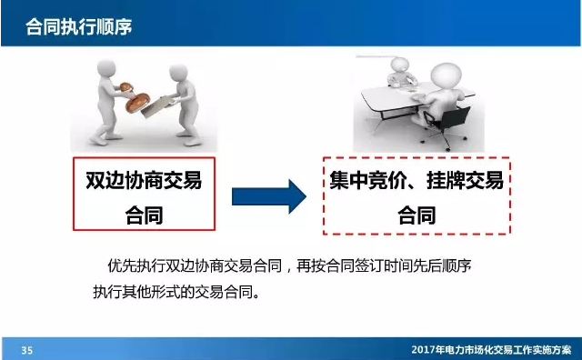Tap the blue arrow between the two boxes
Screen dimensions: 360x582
click(x=267, y=193)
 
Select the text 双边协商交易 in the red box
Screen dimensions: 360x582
click(x=144, y=180)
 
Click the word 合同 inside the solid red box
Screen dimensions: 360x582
click(x=144, y=215)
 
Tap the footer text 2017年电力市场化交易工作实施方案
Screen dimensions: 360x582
click(x=491, y=350)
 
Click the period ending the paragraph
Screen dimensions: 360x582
click(x=266, y=295)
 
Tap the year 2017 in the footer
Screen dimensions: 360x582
click(x=422, y=350)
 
